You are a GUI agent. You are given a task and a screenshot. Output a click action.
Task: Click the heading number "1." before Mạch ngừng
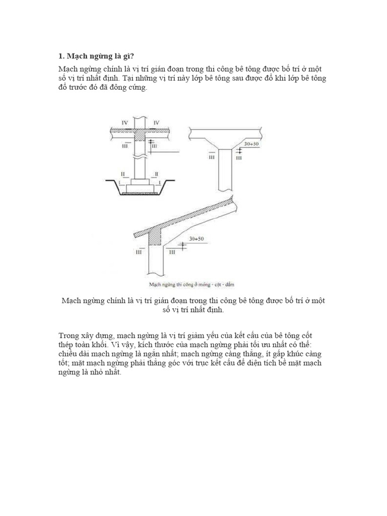click(x=61, y=56)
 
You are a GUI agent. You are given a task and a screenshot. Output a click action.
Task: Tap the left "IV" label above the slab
click(x=124, y=122)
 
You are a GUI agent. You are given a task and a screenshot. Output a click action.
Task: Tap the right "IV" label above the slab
click(x=156, y=122)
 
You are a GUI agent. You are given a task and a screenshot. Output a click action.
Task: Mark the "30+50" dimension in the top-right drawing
click(x=251, y=144)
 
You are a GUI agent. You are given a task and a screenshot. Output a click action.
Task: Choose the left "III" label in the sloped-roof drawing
click(x=139, y=252)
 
